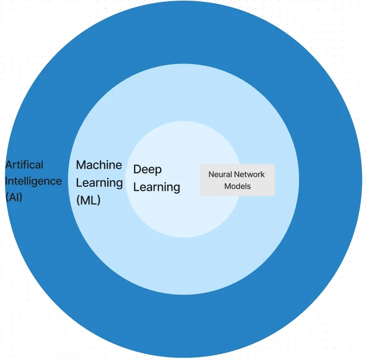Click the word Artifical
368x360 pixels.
click(24, 165)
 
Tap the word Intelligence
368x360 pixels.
click(33, 180)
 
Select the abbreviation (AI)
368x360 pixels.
click(14, 196)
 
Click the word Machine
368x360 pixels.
click(99, 165)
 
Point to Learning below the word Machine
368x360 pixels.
click(99, 182)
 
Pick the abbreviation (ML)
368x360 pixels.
click(88, 200)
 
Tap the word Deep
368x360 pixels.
click(147, 169)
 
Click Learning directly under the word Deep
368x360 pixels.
click(157, 187)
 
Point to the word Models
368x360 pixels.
click(237, 186)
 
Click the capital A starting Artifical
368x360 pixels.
click(9, 165)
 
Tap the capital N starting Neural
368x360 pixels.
click(211, 175)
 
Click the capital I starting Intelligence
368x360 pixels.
click(6, 180)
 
